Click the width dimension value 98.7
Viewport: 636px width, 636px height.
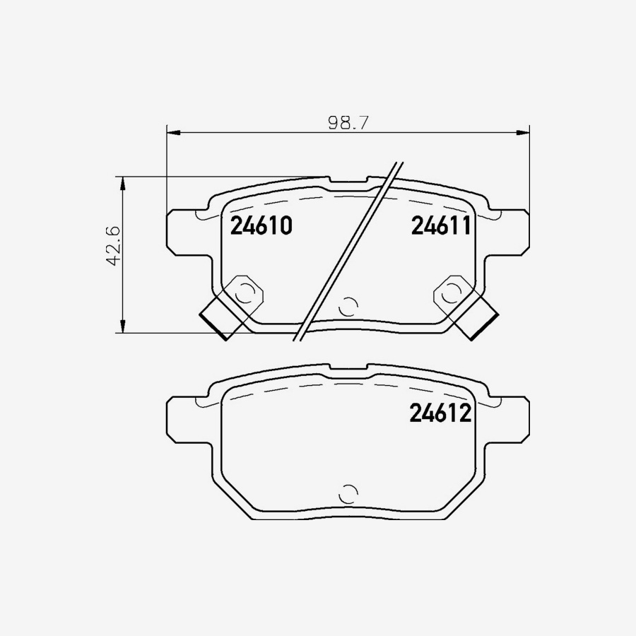pos(348,122)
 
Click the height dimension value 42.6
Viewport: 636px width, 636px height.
pos(113,246)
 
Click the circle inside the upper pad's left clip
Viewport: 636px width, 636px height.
pos(245,292)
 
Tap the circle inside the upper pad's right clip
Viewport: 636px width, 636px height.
pos(451,292)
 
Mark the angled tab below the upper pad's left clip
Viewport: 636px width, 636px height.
pos(223,319)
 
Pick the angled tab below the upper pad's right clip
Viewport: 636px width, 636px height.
pos(475,319)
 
